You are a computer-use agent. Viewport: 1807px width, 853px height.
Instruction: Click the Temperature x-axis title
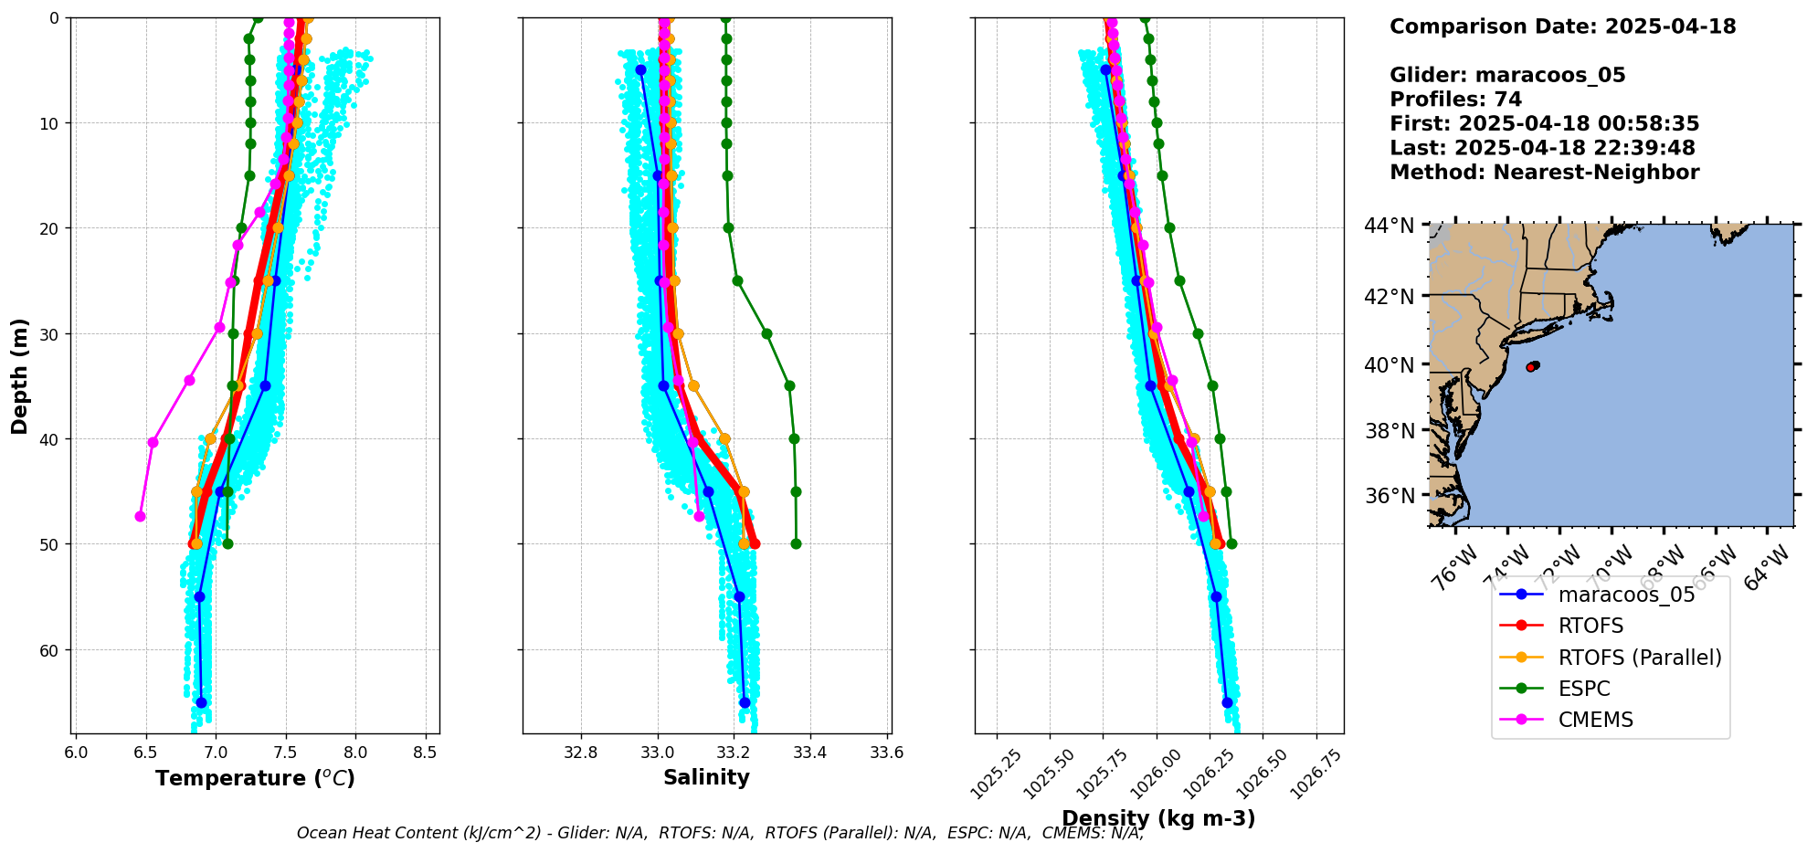coord(255,778)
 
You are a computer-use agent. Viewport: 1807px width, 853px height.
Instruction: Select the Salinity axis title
coord(706,778)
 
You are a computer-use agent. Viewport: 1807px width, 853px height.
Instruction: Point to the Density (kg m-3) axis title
coord(1158,818)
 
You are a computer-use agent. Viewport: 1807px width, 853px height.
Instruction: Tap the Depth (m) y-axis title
coord(20,375)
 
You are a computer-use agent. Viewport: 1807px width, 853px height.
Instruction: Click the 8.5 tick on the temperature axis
coord(425,753)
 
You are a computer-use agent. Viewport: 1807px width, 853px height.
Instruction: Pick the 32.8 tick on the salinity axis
coord(581,753)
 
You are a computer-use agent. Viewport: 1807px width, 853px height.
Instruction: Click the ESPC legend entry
coord(1583,689)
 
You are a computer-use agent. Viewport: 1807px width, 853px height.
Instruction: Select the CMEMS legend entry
coord(1595,720)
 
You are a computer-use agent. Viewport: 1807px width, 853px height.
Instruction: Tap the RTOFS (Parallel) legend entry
coord(1639,658)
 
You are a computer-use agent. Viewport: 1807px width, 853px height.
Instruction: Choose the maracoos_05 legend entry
coord(1626,595)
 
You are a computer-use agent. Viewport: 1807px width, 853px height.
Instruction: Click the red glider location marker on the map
coord(1532,366)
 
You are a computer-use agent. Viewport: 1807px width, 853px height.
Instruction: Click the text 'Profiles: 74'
coord(1455,100)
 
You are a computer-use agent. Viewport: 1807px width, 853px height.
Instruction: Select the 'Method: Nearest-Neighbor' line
coord(1544,173)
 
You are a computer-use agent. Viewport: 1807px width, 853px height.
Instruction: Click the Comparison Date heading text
coord(1562,26)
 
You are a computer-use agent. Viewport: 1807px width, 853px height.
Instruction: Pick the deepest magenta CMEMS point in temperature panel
coord(140,516)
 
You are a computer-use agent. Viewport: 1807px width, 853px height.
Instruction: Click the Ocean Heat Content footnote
coord(720,833)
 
